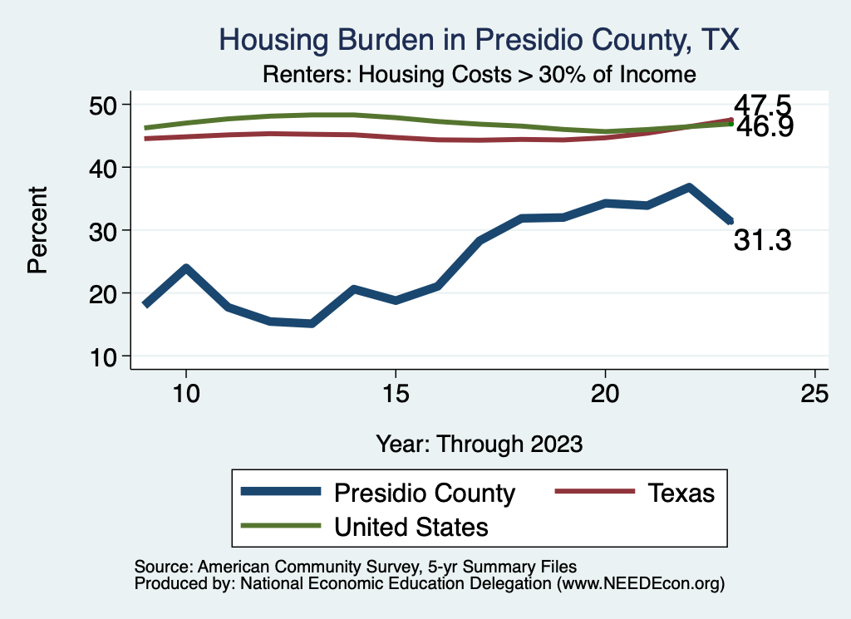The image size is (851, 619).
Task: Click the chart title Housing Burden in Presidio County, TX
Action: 478,40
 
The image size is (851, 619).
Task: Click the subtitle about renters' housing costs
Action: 478,74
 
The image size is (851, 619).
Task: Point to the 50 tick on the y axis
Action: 109,105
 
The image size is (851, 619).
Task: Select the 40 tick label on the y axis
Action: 109,168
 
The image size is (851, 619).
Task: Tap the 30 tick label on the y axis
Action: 109,230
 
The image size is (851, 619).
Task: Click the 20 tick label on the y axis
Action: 109,293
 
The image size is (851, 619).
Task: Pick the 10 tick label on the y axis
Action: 109,356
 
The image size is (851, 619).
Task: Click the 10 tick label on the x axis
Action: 186,394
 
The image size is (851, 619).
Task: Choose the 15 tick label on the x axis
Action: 396,394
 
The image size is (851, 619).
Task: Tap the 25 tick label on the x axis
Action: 814,394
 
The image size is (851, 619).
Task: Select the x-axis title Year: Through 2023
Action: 479,443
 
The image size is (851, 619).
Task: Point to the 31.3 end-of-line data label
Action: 761,241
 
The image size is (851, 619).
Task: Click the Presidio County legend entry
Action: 424,493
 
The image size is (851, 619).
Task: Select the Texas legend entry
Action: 681,493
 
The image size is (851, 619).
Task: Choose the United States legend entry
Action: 411,527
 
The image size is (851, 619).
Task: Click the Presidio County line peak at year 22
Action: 689,188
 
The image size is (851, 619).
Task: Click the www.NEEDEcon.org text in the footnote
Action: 641,584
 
